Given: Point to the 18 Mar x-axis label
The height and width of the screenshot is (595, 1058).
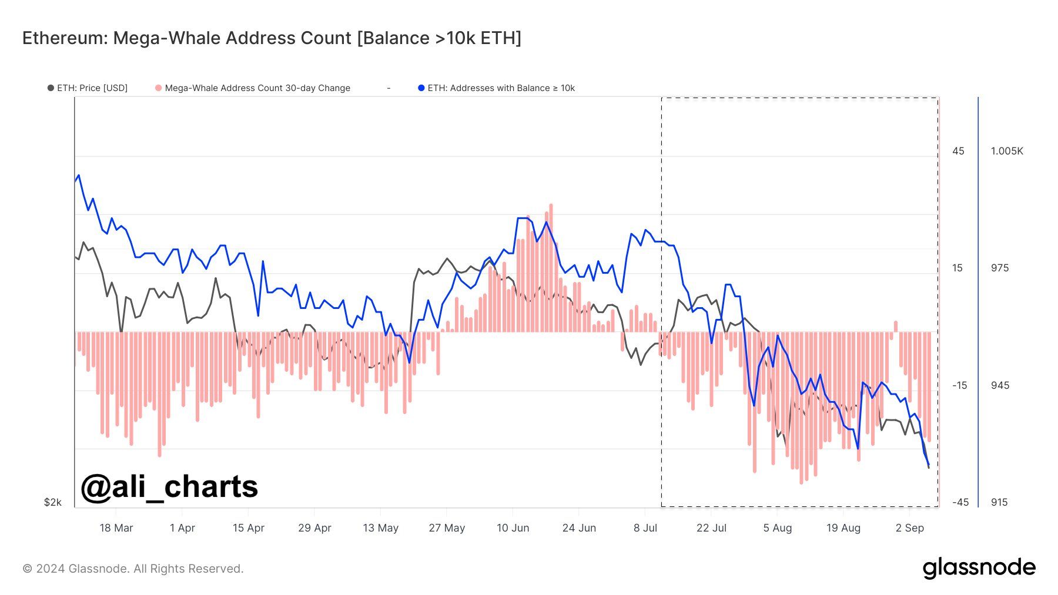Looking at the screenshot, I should click(116, 528).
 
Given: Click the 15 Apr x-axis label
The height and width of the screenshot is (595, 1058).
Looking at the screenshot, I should click(248, 528).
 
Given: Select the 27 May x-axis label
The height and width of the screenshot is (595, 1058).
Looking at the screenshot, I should click(447, 528).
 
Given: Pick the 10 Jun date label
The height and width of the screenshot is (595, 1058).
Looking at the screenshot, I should click(513, 528).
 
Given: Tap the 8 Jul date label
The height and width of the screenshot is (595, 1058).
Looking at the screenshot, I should click(645, 528).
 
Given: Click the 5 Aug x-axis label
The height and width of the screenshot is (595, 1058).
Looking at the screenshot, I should click(777, 528).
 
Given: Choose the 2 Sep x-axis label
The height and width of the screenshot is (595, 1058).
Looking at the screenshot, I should click(909, 528).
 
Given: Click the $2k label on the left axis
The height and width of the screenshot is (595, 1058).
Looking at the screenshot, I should click(52, 502).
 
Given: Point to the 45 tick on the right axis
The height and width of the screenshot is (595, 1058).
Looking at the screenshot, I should click(958, 151).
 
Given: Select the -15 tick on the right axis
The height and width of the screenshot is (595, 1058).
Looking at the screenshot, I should click(959, 385).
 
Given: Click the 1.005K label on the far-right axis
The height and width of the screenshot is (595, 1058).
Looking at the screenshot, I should click(1007, 151).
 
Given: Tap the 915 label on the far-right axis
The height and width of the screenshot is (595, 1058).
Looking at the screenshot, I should click(999, 502).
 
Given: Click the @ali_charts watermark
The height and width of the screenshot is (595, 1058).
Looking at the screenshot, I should click(169, 486).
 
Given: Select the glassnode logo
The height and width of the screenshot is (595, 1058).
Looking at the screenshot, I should click(979, 568).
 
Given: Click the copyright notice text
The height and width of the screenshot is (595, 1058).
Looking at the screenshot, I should click(133, 569).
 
